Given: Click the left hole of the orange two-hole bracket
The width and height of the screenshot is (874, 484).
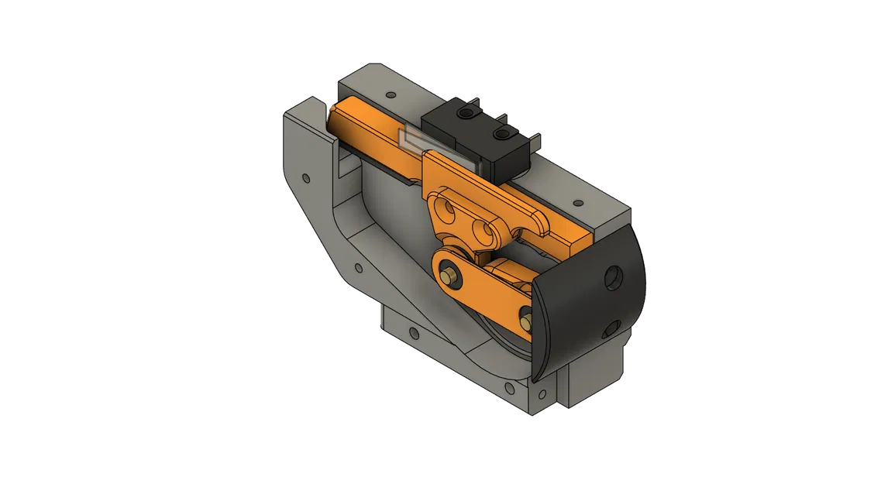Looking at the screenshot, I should (447, 207).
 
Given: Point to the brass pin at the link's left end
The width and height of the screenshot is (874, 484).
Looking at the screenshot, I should (449, 273).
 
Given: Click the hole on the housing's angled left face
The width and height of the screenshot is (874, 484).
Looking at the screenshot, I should (306, 179).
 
